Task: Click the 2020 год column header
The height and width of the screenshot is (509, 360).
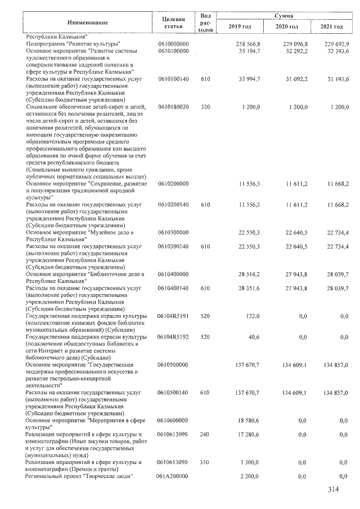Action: point(287,27)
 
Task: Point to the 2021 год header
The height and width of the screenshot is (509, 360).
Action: point(331,27)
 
